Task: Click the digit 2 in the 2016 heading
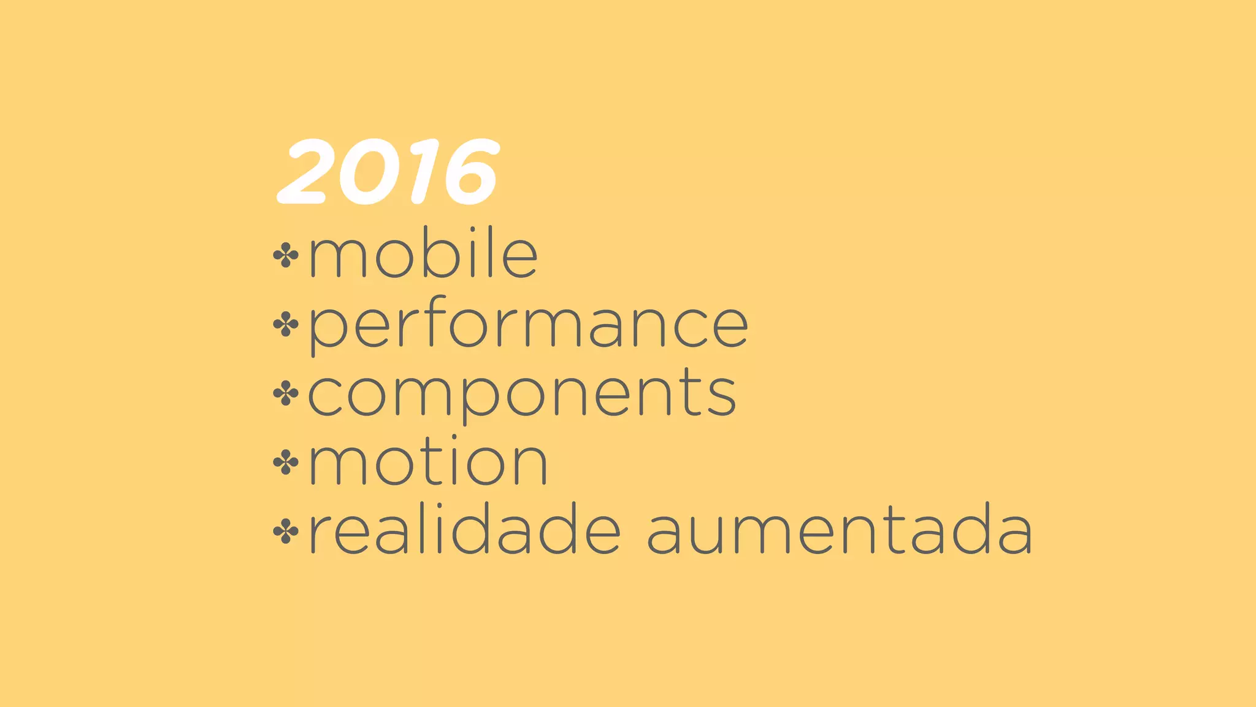point(305,172)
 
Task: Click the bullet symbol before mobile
point(286,255)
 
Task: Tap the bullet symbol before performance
point(286,325)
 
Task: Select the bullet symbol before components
point(286,393)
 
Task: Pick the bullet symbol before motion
point(286,463)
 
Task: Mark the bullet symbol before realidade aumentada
point(286,531)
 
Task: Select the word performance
point(528,325)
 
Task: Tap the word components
point(522,395)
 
